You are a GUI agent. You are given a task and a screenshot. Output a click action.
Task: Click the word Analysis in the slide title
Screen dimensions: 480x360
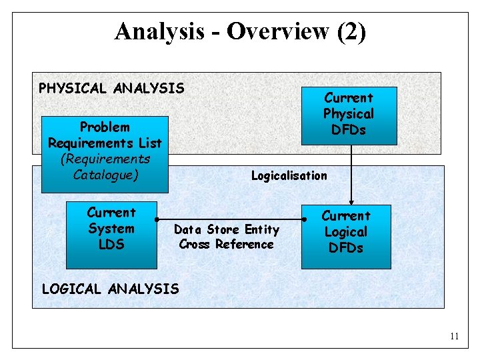click(x=159, y=31)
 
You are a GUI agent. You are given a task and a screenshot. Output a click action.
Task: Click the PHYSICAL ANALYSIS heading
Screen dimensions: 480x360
click(x=111, y=87)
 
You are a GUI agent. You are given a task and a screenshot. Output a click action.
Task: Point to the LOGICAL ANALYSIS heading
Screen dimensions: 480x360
click(x=110, y=289)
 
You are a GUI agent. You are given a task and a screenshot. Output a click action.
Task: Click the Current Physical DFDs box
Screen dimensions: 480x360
click(x=349, y=115)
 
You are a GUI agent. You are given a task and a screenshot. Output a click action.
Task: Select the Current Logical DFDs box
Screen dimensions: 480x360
click(x=346, y=232)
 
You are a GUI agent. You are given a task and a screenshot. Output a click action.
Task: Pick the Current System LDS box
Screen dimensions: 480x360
click(x=111, y=229)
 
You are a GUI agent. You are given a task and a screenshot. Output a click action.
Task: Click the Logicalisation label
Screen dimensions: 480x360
click(x=289, y=176)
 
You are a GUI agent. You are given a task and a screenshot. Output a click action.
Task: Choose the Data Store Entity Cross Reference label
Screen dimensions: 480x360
click(x=226, y=237)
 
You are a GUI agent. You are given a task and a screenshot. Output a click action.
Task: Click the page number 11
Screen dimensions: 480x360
click(x=454, y=337)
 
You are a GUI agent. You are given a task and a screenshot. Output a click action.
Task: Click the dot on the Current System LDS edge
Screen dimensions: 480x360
click(x=157, y=219)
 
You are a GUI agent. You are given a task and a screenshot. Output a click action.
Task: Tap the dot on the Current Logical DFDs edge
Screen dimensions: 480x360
click(x=304, y=219)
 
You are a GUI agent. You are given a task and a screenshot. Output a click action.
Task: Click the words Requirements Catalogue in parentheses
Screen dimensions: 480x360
click(x=105, y=167)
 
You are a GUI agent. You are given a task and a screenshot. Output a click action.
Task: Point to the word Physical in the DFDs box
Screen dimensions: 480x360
click(x=349, y=114)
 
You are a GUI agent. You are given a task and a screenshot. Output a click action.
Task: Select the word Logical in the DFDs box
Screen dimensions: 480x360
click(x=345, y=232)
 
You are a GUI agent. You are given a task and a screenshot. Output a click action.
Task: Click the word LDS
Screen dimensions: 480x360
click(x=111, y=245)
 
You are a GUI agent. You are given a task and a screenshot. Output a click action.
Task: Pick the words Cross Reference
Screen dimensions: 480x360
click(x=226, y=244)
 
